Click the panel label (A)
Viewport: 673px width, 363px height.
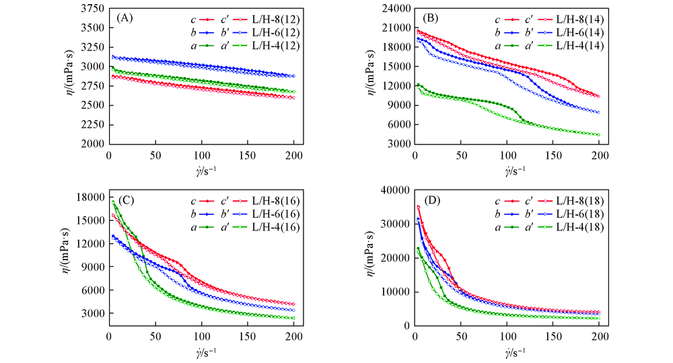coord(125,18)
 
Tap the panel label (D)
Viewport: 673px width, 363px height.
coord(431,200)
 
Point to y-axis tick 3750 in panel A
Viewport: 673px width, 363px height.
coord(92,9)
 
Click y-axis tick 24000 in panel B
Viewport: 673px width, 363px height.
coord(394,9)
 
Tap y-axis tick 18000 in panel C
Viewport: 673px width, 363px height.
coord(90,196)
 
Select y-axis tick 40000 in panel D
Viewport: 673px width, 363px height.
coord(394,190)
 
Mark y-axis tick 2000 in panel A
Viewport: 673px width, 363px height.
coord(92,145)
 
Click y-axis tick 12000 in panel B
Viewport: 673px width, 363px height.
coord(394,86)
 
